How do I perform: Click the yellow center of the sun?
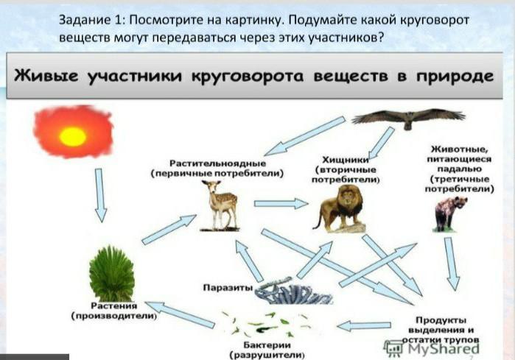pyautogui.click(x=73, y=136)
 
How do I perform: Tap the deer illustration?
pyautogui.click(x=220, y=205)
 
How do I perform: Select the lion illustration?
pyautogui.click(x=340, y=208)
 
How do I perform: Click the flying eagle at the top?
pyautogui.click(x=408, y=118)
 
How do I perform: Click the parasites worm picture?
pyautogui.click(x=293, y=291)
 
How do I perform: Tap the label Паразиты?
pyautogui.click(x=228, y=288)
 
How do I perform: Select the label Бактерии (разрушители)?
pyautogui.click(x=267, y=350)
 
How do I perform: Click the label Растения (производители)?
pyautogui.click(x=114, y=311)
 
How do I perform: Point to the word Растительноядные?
pyautogui.click(x=217, y=163)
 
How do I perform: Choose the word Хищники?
pyautogui.click(x=346, y=160)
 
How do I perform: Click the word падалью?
pyautogui.click(x=459, y=169)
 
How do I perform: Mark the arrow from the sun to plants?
pyautogui.click(x=100, y=195)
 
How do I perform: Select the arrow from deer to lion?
pyautogui.click(x=281, y=204)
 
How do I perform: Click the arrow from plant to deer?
pyautogui.click(x=169, y=230)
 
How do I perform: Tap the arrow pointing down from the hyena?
pyautogui.click(x=452, y=264)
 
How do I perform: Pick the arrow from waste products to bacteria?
pyautogui.click(x=364, y=326)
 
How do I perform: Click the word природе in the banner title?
pyautogui.click(x=455, y=76)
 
